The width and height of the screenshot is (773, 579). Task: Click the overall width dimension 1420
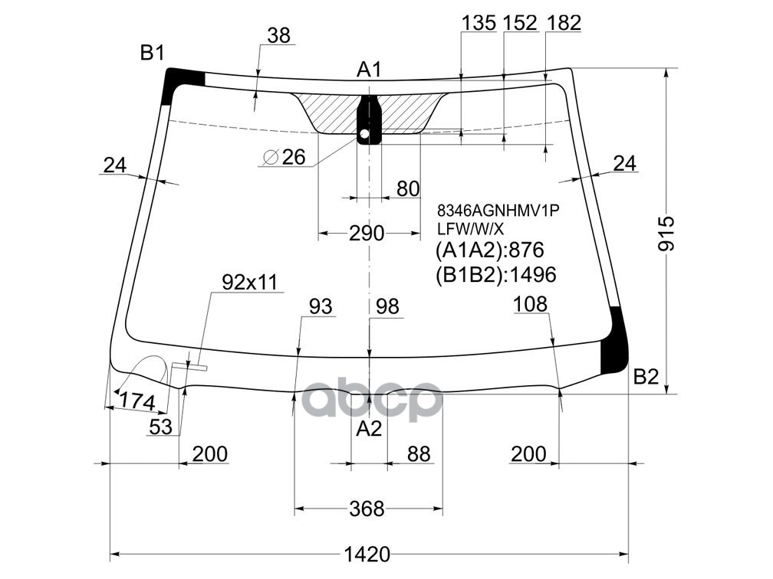pos(368,553)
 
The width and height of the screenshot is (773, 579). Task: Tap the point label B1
pos(152,53)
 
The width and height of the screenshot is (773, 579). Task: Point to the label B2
pos(646,377)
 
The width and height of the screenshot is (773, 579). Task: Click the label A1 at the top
pos(369,70)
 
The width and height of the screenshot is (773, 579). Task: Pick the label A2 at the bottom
pos(369,430)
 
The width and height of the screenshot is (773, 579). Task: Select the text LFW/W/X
pos(470,228)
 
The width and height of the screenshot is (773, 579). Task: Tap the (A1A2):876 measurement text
pos(489,250)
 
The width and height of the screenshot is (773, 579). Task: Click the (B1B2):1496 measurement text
pos(495,274)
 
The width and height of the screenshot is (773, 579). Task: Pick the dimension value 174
pos(137,401)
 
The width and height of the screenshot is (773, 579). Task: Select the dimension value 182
pos(564,23)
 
